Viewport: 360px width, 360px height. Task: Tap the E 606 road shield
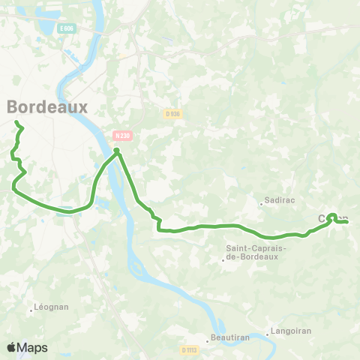[x=68, y=28]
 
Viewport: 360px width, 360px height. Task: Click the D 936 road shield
[x=172, y=113]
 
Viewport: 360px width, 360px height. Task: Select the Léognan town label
[x=52, y=307]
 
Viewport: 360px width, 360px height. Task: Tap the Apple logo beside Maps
[x=12, y=347]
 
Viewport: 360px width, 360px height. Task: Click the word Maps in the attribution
[x=32, y=347]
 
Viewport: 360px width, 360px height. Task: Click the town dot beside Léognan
[x=31, y=307]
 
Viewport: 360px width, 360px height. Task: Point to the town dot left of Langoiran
[x=268, y=334]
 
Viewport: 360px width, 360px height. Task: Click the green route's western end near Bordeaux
[x=16, y=121]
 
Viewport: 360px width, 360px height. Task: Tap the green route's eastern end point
[x=347, y=221]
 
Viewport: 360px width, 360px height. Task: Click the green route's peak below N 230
[x=117, y=150]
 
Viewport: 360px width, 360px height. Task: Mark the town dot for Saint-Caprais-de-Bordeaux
[x=223, y=260]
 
